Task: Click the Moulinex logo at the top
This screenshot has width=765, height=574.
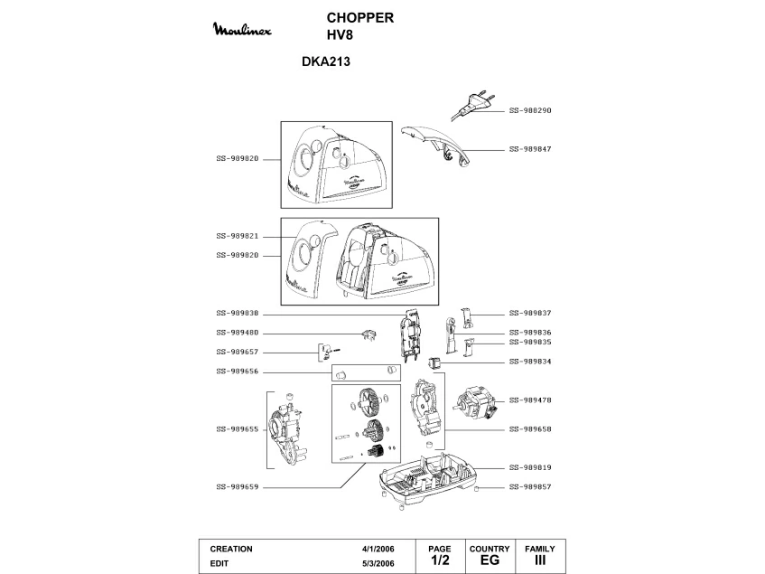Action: pyautogui.click(x=242, y=29)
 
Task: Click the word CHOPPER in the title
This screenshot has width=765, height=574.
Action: pyautogui.click(x=360, y=17)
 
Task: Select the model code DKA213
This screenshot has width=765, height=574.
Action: pyautogui.click(x=326, y=61)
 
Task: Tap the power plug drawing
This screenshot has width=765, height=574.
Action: pyautogui.click(x=472, y=105)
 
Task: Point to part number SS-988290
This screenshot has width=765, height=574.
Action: pyautogui.click(x=530, y=110)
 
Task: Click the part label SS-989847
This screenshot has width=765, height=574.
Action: pyautogui.click(x=530, y=149)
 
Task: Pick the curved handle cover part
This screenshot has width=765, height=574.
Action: pyautogui.click(x=436, y=145)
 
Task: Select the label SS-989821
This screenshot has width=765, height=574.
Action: pyautogui.click(x=238, y=236)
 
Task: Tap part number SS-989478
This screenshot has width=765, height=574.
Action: pyautogui.click(x=530, y=400)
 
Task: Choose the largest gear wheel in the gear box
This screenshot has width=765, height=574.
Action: pyautogui.click(x=370, y=400)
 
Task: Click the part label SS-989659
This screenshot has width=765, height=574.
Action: pyautogui.click(x=238, y=486)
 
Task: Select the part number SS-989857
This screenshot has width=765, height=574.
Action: pyautogui.click(x=530, y=486)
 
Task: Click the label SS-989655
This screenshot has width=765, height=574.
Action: pyautogui.click(x=238, y=429)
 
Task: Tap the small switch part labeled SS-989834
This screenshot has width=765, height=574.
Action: pyautogui.click(x=434, y=362)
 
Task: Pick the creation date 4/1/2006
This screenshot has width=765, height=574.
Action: pyautogui.click(x=378, y=549)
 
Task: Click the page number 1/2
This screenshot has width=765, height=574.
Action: pyautogui.click(x=440, y=560)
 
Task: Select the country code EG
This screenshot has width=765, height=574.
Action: pyautogui.click(x=490, y=560)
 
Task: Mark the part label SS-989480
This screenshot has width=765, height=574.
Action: pyautogui.click(x=238, y=333)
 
